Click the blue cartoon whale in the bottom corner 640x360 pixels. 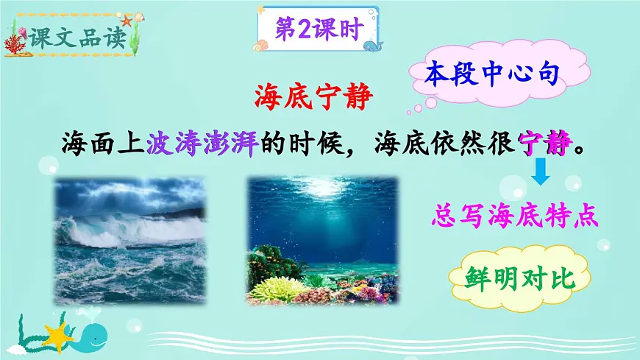(x=87, y=335)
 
